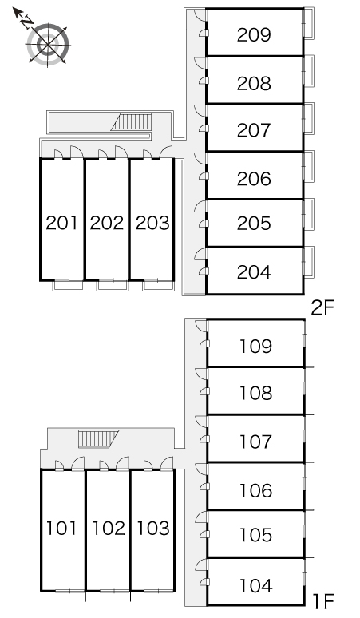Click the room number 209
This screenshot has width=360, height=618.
pos(254,34)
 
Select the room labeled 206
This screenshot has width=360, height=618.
pos(254,179)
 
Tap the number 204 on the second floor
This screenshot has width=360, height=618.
pos(254,272)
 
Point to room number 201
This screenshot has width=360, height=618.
pos(61,223)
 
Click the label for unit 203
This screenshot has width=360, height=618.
pos(152,223)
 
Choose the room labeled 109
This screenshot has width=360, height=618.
pos(255,346)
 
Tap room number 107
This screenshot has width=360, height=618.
pos(255,442)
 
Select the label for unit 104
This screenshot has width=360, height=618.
pos(255,586)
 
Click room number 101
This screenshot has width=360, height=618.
pos(61,528)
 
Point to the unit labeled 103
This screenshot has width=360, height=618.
pos(153,528)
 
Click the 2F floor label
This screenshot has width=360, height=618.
pos(322,308)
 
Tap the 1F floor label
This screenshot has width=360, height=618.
pos(323,602)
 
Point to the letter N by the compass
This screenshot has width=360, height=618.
pos(26,22)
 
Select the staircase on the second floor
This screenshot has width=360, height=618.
pos(132,122)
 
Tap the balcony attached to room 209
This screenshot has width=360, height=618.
pos(308,23)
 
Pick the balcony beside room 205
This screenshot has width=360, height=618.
pos(308,214)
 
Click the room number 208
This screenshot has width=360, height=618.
pos(254,84)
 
